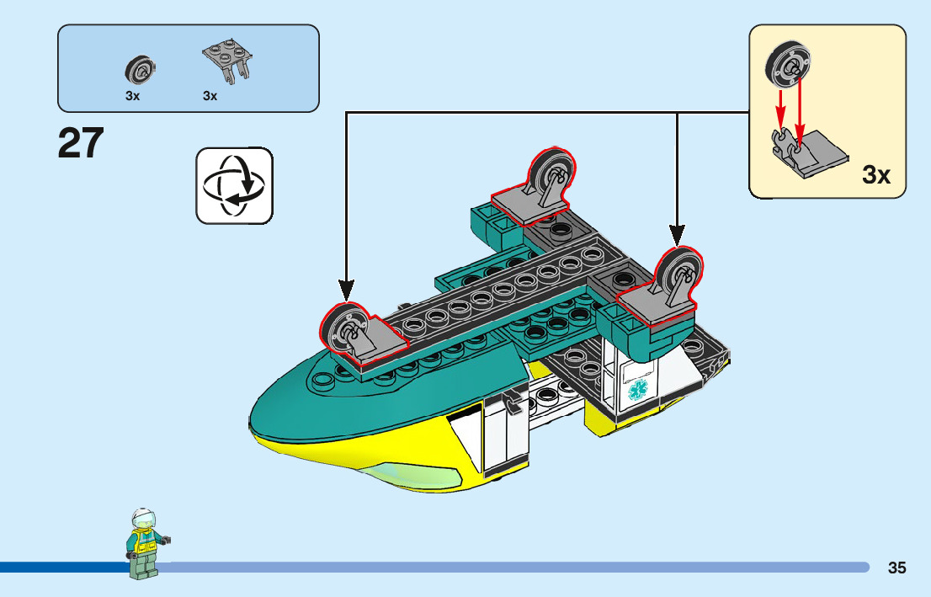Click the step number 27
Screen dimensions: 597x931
81,143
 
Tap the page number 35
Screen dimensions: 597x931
896,568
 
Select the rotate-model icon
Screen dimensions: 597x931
234,185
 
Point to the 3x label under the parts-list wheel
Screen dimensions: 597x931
132,96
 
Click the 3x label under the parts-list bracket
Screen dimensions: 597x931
210,96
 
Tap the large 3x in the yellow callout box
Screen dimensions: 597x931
876,175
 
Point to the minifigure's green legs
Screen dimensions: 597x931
144,567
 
